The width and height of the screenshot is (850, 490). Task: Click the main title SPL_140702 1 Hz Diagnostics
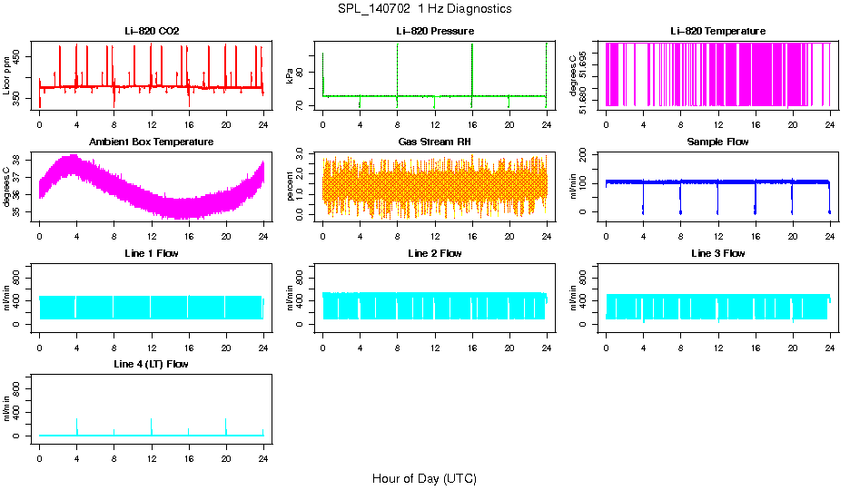pyautogui.click(x=424, y=9)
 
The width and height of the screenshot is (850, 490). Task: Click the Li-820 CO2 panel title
pyautogui.click(x=152, y=32)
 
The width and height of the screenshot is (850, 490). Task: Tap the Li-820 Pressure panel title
pyautogui.click(x=435, y=32)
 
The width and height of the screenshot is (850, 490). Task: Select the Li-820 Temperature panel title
pyautogui.click(x=718, y=32)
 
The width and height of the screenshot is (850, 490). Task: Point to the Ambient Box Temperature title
pyautogui.click(x=152, y=142)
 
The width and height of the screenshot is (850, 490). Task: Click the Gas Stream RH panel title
pyautogui.click(x=435, y=142)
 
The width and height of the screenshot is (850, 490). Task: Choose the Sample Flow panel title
pyautogui.click(x=718, y=142)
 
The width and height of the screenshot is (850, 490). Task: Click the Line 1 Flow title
pyautogui.click(x=152, y=253)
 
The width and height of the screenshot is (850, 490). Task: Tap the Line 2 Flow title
pyautogui.click(x=435, y=253)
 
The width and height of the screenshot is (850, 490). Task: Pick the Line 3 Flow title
pyautogui.click(x=718, y=253)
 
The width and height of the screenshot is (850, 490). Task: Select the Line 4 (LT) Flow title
pyautogui.click(x=152, y=364)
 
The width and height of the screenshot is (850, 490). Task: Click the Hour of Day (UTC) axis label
pyautogui.click(x=424, y=478)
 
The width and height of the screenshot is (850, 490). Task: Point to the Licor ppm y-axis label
pyautogui.click(x=8, y=76)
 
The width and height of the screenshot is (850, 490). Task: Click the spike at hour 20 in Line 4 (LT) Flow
pyautogui.click(x=226, y=424)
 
